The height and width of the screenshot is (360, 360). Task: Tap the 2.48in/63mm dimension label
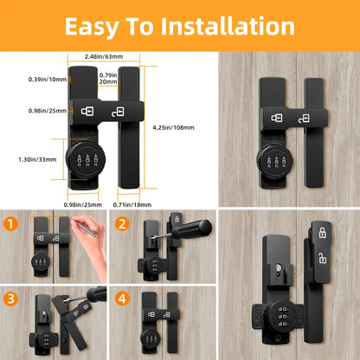click(x=103, y=57)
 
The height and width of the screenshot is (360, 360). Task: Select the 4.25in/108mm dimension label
click(x=180, y=127)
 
